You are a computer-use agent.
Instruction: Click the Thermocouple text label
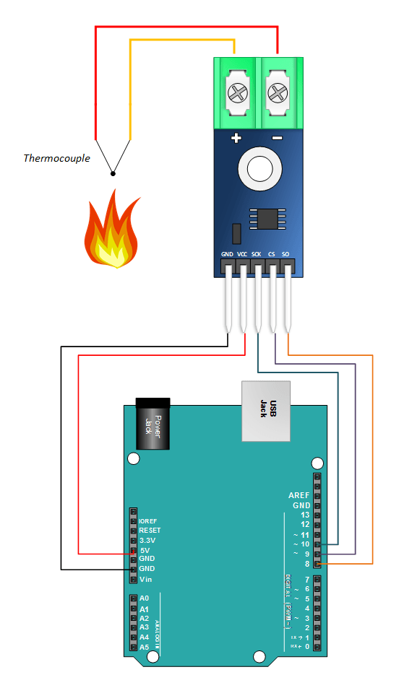tap(56, 157)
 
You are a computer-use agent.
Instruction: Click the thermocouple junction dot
tap(113, 173)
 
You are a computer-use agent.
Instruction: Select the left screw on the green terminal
tap(236, 92)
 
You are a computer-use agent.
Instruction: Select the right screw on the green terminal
tap(277, 92)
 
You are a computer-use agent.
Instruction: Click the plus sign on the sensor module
tap(235, 139)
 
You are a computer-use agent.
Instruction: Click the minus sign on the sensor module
tap(277, 139)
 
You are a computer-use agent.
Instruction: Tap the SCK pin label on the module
tap(257, 255)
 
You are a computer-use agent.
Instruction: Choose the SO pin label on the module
tap(286, 255)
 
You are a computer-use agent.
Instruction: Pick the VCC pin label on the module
tap(242, 255)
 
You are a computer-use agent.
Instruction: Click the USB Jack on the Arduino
tap(265, 411)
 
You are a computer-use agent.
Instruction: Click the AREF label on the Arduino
tap(299, 495)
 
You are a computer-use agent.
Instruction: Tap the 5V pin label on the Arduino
tap(145, 550)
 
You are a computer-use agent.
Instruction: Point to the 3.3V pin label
tap(147, 540)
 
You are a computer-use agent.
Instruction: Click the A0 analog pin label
tap(144, 598)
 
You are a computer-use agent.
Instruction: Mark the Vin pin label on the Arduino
tap(145, 580)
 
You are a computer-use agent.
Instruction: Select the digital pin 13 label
tap(305, 515)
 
